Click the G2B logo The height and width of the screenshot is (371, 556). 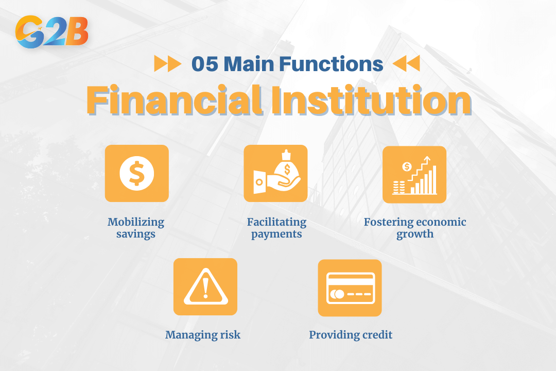point(52,31)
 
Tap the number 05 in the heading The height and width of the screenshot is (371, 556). point(204,64)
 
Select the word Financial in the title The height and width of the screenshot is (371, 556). point(175,100)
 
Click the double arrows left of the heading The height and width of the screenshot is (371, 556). point(168,63)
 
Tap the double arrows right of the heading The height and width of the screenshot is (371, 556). point(406,63)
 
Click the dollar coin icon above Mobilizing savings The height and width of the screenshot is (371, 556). point(137,173)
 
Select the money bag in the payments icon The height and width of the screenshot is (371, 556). point(288,167)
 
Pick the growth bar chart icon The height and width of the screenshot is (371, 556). point(414,175)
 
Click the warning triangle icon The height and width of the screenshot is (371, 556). point(205,287)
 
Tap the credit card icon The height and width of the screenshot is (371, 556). point(351,288)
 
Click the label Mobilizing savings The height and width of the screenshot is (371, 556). point(136,228)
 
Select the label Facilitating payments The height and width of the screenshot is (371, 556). point(276,228)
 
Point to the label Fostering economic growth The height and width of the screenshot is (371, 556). point(415,228)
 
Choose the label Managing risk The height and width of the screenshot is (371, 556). point(203,335)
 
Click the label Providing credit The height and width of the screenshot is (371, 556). point(351,335)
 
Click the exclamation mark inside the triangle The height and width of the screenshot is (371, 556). point(205,288)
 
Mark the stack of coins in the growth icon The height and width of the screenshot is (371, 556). point(398,187)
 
